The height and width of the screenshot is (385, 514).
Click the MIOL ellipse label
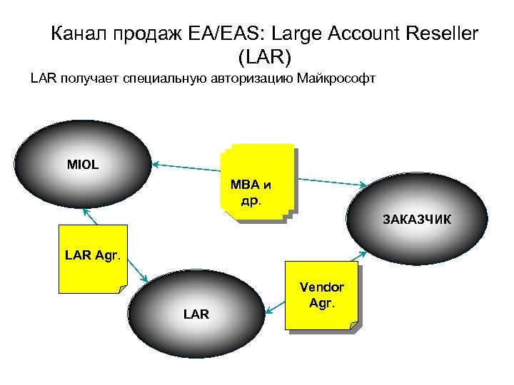coord(83,165)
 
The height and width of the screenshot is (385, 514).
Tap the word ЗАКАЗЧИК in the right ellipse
coord(417,218)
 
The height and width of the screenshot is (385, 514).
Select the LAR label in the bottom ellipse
coord(196,314)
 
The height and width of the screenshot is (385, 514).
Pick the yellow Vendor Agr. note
coord(321,295)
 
